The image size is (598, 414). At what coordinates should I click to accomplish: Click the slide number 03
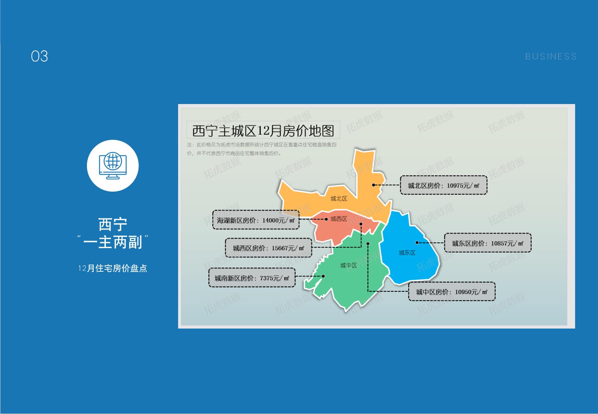[x=39, y=56]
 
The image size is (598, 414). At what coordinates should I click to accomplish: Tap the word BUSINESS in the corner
[x=551, y=56]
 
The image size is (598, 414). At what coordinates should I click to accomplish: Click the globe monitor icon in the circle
[x=113, y=166]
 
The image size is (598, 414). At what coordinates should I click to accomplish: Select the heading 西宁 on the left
[x=113, y=225]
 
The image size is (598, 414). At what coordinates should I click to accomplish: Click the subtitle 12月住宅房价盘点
[x=113, y=268]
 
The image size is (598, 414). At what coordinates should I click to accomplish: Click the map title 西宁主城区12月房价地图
[x=263, y=130]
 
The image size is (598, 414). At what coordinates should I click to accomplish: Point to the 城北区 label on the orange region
[x=339, y=198]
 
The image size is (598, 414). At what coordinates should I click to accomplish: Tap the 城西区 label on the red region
[x=339, y=219]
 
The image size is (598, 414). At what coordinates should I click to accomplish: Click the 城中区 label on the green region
[x=348, y=265]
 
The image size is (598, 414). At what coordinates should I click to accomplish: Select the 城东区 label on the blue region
[x=407, y=253]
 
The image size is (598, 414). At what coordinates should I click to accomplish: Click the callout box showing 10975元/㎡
[x=443, y=185]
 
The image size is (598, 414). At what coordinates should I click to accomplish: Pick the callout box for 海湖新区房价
[x=256, y=220]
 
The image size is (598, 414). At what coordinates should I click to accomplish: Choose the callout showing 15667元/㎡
[x=268, y=248]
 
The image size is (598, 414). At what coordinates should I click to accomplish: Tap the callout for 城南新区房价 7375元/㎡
[x=252, y=278]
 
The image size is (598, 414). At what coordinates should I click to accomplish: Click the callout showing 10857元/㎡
[x=487, y=243]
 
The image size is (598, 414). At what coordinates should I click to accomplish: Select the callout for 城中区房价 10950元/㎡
[x=452, y=292]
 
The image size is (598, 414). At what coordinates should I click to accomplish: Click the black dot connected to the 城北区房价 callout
[x=373, y=185]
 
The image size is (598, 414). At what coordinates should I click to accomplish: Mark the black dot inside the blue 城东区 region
[x=417, y=243]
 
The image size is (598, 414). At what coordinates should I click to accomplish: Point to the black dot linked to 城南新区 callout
[x=323, y=276]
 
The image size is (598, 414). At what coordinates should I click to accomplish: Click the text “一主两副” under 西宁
[x=113, y=242]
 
